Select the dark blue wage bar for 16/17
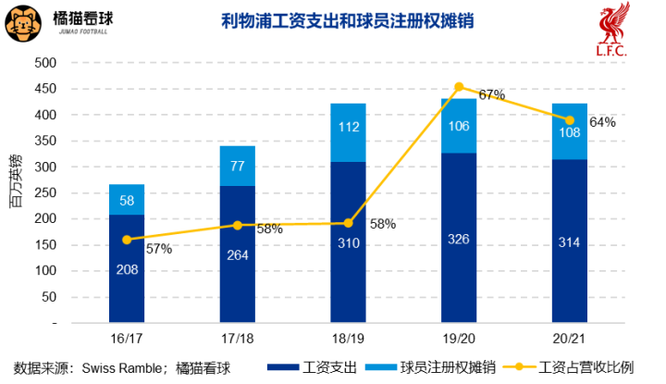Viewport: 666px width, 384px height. point(127,268)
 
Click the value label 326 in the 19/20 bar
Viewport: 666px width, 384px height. point(459,239)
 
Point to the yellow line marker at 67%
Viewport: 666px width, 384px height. point(459,87)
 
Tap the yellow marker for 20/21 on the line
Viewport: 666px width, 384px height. point(569,120)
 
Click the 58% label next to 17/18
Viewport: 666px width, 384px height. point(269,229)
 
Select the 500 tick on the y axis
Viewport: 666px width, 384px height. point(44,63)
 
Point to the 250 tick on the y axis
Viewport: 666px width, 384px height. point(44,193)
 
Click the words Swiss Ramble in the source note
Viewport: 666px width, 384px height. point(116,367)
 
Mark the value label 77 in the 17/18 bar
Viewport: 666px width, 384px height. point(238,167)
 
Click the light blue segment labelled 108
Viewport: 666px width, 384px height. point(569,131)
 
